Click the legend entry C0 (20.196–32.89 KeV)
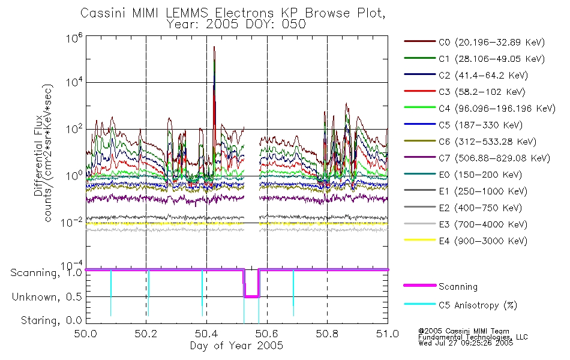475,42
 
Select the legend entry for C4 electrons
480,109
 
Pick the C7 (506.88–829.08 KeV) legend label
477,158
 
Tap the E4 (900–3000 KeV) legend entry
466,241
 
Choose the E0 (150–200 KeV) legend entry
463,175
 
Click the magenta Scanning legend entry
440,286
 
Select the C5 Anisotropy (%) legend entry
461,305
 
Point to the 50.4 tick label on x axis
206,334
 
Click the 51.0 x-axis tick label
388,334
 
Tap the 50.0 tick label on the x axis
86,334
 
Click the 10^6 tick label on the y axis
74,38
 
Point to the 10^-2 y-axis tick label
71,222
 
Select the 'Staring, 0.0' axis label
51,320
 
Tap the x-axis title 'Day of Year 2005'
236,346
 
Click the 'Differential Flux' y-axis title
38,155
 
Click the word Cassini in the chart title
103,13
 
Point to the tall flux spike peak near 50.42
214,47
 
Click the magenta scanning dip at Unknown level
251,297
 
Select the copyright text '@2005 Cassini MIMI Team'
464,331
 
